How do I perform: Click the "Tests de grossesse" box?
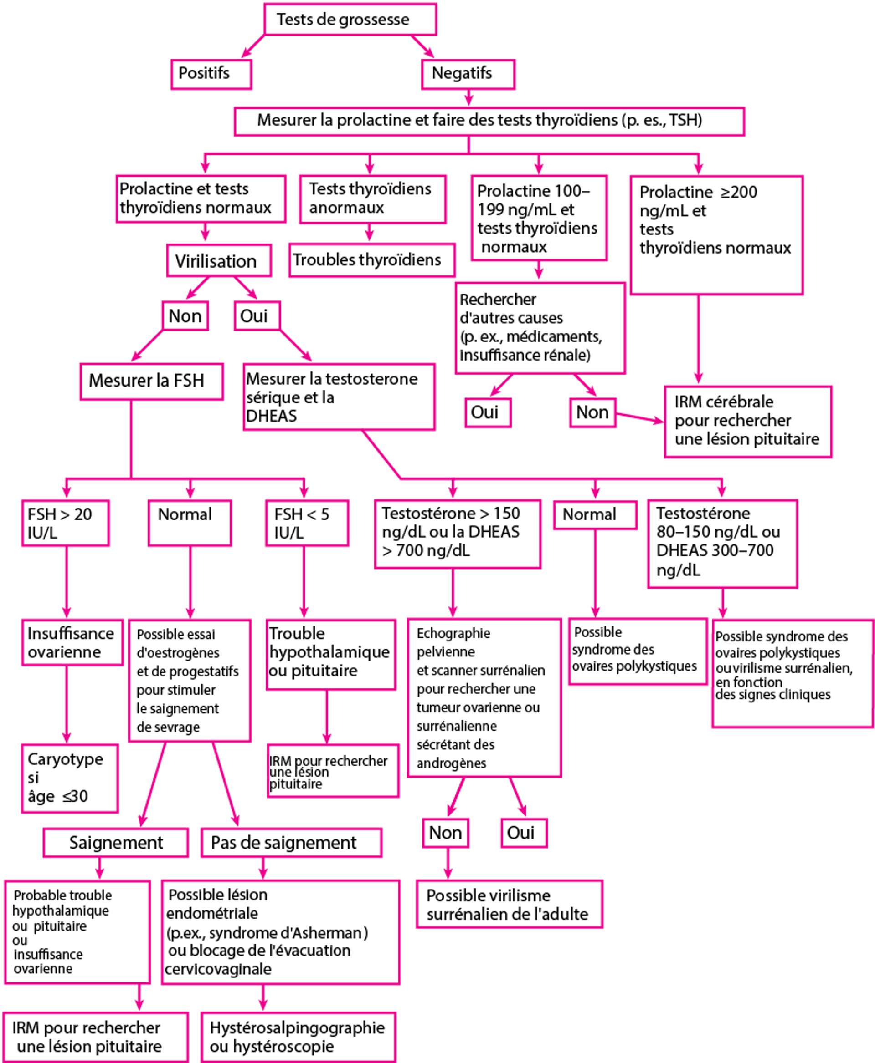tap(350, 20)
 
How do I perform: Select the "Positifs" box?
tap(211, 74)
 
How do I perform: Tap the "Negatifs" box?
tap(468, 74)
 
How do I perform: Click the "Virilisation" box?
tap(219, 260)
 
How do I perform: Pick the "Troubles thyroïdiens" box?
tap(372, 260)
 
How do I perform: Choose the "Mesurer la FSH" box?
tap(151, 381)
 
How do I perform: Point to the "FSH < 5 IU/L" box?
tap(307, 523)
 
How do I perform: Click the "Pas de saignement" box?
tap(291, 843)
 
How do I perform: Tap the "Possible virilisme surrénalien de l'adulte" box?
tap(509, 905)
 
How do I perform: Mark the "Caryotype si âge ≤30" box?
tap(70, 778)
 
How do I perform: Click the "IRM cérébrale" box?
tap(747, 421)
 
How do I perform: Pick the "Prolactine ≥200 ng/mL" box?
tap(716, 234)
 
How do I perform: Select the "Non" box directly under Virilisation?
tap(185, 316)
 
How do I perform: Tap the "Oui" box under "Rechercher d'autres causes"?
tap(487, 412)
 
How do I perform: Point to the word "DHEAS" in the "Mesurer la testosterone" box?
tap(271, 416)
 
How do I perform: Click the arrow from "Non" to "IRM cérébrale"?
tap(639, 418)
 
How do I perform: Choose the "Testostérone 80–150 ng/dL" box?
tap(722, 543)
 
